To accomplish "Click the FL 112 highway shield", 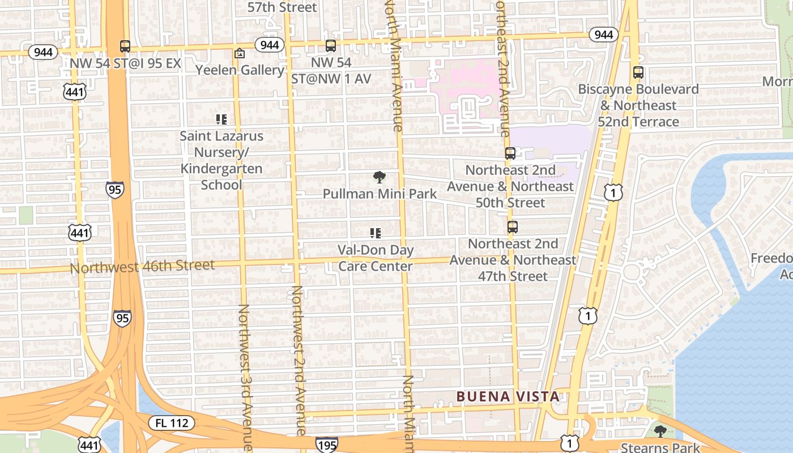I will [x=172, y=422].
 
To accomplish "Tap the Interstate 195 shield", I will [x=327, y=444].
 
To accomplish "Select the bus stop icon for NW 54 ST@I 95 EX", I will [x=125, y=46].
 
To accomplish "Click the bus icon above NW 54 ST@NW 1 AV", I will [x=331, y=46].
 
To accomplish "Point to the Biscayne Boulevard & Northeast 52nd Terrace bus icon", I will [x=638, y=72].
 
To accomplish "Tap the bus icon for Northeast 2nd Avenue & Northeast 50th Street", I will [x=510, y=153].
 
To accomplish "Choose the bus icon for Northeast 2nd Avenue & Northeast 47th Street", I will [x=513, y=227].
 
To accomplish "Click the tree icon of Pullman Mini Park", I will [x=380, y=177].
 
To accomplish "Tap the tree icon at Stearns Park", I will [x=660, y=431].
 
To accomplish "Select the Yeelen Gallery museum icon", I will [x=240, y=54].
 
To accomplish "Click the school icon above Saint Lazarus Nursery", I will [x=221, y=119].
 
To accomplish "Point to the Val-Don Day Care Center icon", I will [x=375, y=233].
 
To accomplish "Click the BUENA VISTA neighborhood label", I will [x=508, y=396].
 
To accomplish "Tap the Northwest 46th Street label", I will [x=142, y=266].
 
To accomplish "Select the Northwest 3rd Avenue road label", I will [x=245, y=377].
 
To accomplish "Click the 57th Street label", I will [x=282, y=7].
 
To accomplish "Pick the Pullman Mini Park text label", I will [x=380, y=194].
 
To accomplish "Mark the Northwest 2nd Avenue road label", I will [x=299, y=360].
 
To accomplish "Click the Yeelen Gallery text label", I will [x=240, y=70].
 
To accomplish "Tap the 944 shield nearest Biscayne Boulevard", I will [x=604, y=35].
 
